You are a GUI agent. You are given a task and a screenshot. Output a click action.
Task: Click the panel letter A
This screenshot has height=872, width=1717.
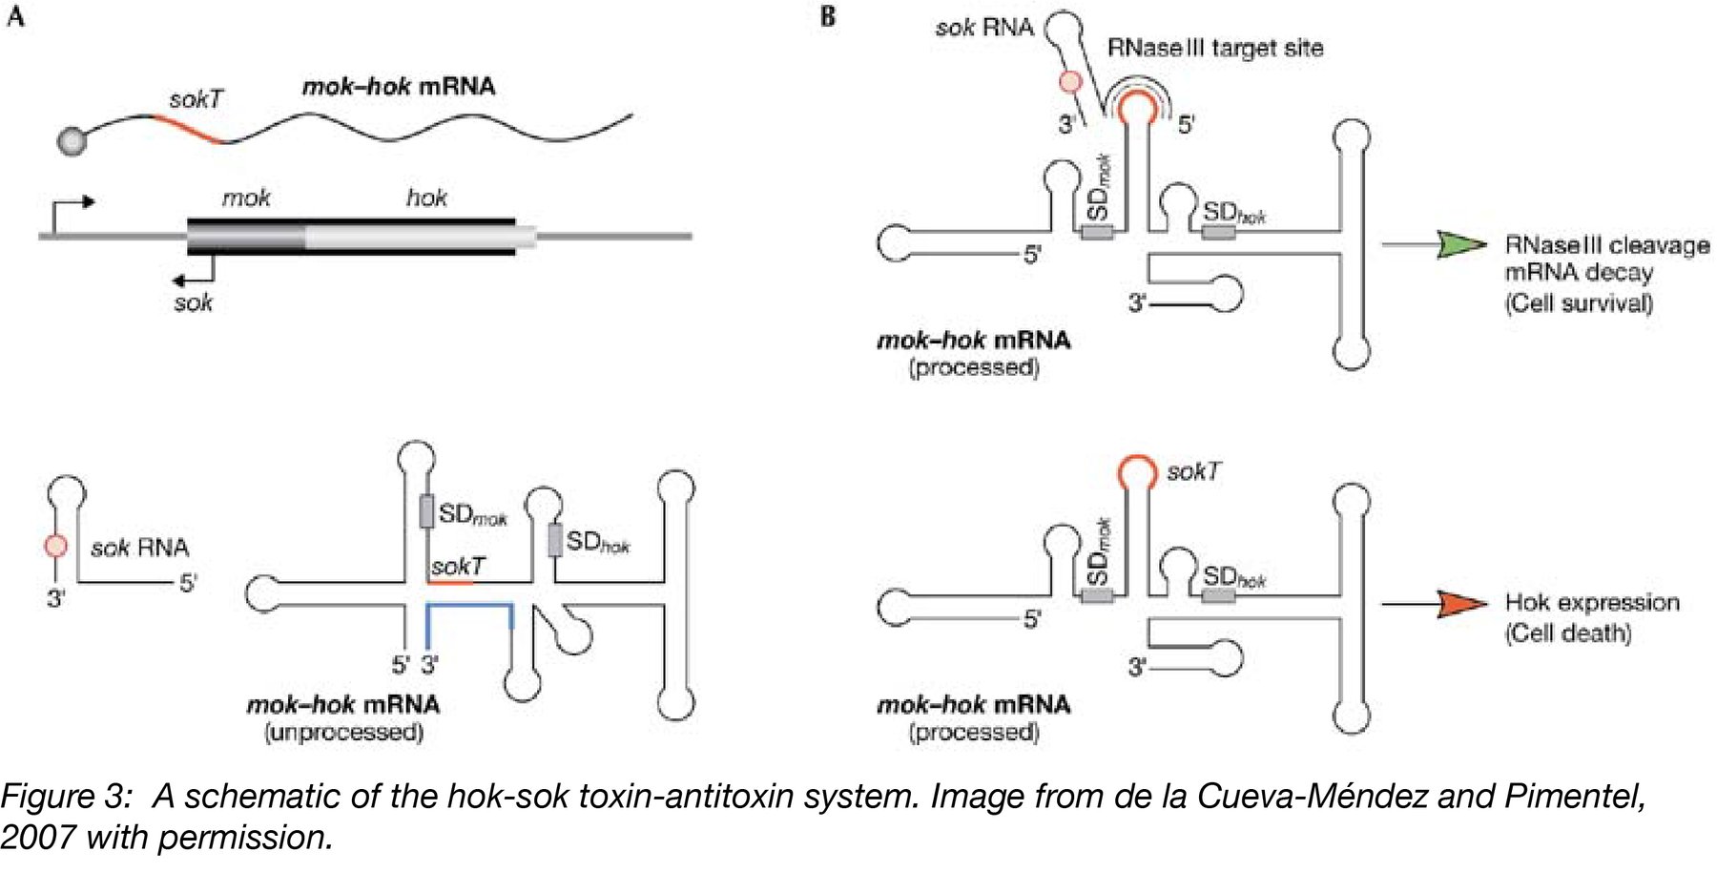click(15, 16)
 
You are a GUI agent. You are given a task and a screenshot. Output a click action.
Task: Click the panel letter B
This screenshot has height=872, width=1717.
click(828, 16)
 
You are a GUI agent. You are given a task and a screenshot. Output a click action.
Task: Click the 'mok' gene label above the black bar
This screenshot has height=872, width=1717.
click(246, 197)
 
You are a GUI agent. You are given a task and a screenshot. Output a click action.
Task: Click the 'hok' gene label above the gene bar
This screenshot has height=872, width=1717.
click(426, 197)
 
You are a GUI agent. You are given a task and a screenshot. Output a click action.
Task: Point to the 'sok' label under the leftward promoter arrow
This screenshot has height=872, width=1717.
click(193, 303)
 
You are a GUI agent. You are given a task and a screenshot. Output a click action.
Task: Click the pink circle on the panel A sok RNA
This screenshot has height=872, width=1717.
click(56, 546)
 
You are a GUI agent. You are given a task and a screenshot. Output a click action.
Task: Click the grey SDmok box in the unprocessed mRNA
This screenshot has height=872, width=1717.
click(426, 511)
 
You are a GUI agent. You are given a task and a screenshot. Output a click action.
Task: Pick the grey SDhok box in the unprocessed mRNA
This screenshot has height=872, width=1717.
click(554, 540)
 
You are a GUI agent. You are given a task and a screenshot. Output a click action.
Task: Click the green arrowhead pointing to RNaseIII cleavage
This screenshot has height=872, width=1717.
click(1459, 244)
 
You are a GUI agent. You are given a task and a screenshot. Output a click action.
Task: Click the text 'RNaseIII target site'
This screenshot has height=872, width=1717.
click(1214, 48)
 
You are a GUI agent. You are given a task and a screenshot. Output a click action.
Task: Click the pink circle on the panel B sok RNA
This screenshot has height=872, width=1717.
click(1070, 82)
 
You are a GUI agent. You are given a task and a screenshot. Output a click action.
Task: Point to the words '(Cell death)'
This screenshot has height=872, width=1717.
click(1567, 633)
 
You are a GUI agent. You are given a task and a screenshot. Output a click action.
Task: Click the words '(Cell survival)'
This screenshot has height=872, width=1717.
click(1579, 303)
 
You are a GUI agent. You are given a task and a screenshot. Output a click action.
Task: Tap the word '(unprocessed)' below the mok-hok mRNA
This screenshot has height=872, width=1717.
click(343, 733)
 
